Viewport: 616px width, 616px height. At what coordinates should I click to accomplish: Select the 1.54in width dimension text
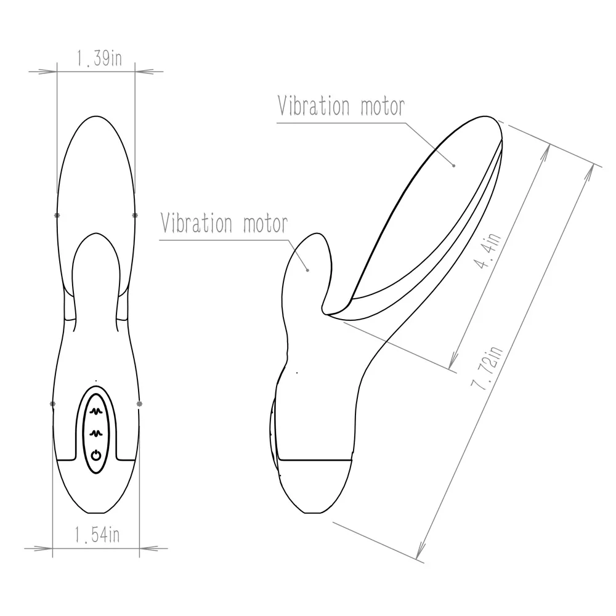coord(97,535)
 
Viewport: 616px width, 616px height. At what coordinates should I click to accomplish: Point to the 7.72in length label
coord(487,368)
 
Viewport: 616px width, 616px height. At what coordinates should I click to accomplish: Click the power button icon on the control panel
coord(95,456)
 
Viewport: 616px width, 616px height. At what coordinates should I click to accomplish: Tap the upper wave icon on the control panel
coord(95,408)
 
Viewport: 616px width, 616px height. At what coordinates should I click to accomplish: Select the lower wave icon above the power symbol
coord(95,432)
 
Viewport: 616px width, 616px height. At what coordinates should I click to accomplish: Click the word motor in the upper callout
coord(382,106)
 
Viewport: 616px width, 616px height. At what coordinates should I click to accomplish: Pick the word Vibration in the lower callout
coord(197,223)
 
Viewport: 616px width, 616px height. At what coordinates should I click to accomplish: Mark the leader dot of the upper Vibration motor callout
coord(454,164)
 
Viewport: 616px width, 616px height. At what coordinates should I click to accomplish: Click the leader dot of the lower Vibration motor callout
coord(307,269)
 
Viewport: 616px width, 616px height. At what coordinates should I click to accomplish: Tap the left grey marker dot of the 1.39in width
coord(57,215)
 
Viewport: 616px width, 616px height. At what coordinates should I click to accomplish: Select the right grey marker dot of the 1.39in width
coord(135,215)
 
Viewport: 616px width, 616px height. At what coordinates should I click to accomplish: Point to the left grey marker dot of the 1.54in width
coord(52,404)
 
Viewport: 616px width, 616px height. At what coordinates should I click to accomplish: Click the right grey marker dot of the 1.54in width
coord(139,404)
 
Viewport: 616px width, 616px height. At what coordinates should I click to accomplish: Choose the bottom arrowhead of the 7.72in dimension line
coord(421,554)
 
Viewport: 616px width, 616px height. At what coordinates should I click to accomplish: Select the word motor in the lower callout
coord(265,223)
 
